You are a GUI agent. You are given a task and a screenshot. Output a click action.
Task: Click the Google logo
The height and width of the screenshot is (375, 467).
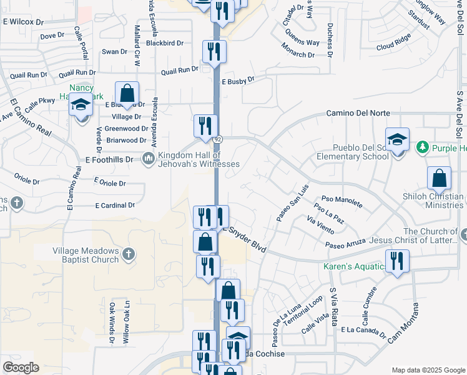pyautogui.click(x=21, y=367)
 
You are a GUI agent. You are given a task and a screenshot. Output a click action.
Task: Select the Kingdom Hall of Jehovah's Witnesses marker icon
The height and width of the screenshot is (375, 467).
pyautogui.click(x=149, y=159)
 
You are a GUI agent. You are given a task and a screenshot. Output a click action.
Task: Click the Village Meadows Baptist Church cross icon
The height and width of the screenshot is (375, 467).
pyautogui.click(x=128, y=254)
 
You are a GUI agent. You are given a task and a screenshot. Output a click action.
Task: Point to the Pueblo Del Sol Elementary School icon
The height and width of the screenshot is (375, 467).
pyautogui.click(x=396, y=141)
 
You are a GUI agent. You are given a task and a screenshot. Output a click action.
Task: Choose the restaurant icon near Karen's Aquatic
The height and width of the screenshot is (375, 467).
pyautogui.click(x=397, y=261)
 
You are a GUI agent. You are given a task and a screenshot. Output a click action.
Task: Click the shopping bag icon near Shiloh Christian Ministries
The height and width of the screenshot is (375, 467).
pyautogui.click(x=439, y=178)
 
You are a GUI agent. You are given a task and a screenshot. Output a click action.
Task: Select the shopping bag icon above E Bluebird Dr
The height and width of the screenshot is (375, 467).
pyautogui.click(x=127, y=94)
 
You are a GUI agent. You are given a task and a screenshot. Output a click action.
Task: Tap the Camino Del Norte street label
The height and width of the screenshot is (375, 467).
pyautogui.click(x=358, y=113)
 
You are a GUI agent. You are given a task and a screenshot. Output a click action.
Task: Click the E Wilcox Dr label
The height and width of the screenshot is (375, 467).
pyautogui.click(x=24, y=21)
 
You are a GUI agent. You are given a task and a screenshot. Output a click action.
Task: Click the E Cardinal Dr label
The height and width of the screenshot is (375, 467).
pyautogui.click(x=115, y=205)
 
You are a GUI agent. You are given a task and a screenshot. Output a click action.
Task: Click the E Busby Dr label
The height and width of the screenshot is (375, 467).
pyautogui.click(x=238, y=81)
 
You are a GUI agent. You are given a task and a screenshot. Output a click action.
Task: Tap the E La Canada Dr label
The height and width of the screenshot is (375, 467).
pyautogui.click(x=363, y=331)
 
